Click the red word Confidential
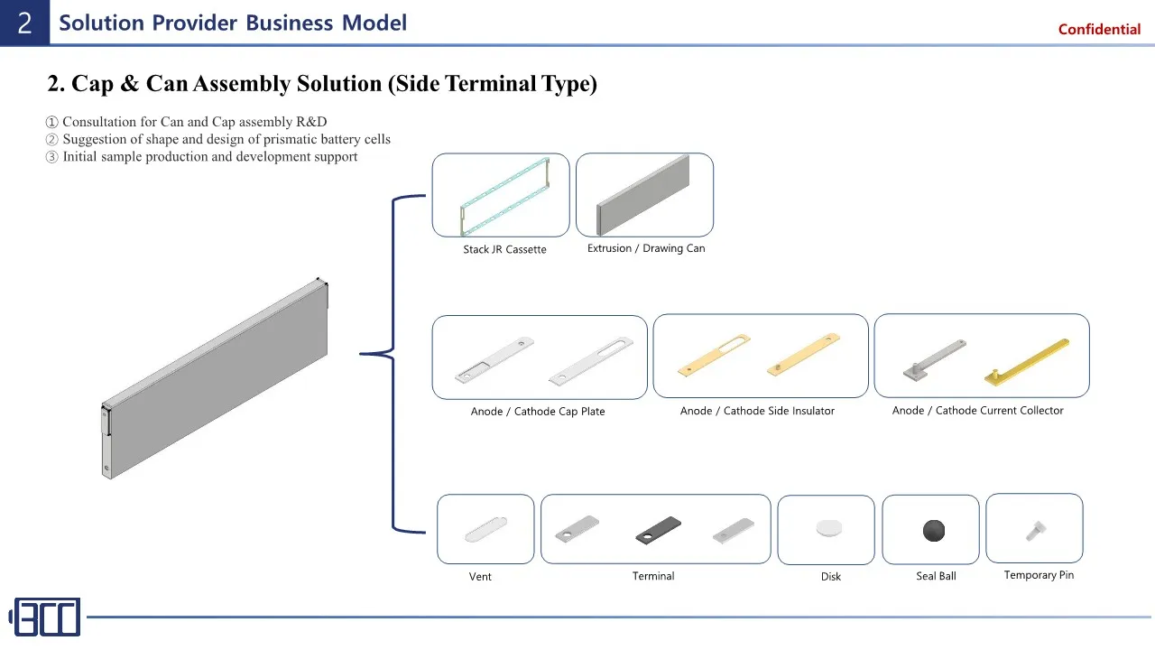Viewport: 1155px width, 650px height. point(1099,30)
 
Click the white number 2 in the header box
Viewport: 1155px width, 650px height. point(24,23)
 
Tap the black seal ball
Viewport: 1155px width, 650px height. point(933,531)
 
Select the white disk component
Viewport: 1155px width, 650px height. point(829,528)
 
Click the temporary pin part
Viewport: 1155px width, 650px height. point(1035,531)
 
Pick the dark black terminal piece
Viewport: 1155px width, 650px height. point(659,530)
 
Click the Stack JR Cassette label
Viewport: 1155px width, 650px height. point(504,250)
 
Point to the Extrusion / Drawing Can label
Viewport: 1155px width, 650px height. point(646,248)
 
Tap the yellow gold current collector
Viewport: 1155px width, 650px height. point(1027,362)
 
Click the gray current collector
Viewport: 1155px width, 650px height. point(934,360)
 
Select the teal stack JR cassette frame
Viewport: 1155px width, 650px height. point(504,196)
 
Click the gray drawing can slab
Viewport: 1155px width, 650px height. point(642,195)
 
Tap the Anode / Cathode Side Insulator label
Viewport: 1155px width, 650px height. point(757,411)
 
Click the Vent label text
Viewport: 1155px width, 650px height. point(480,577)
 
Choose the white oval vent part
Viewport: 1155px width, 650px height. point(485,529)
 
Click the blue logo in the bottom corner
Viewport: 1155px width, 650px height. point(45,617)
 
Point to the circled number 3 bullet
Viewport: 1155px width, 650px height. point(51,157)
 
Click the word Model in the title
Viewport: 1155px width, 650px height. point(374,23)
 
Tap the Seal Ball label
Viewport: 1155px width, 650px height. point(936,576)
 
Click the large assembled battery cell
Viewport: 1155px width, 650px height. point(215,378)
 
